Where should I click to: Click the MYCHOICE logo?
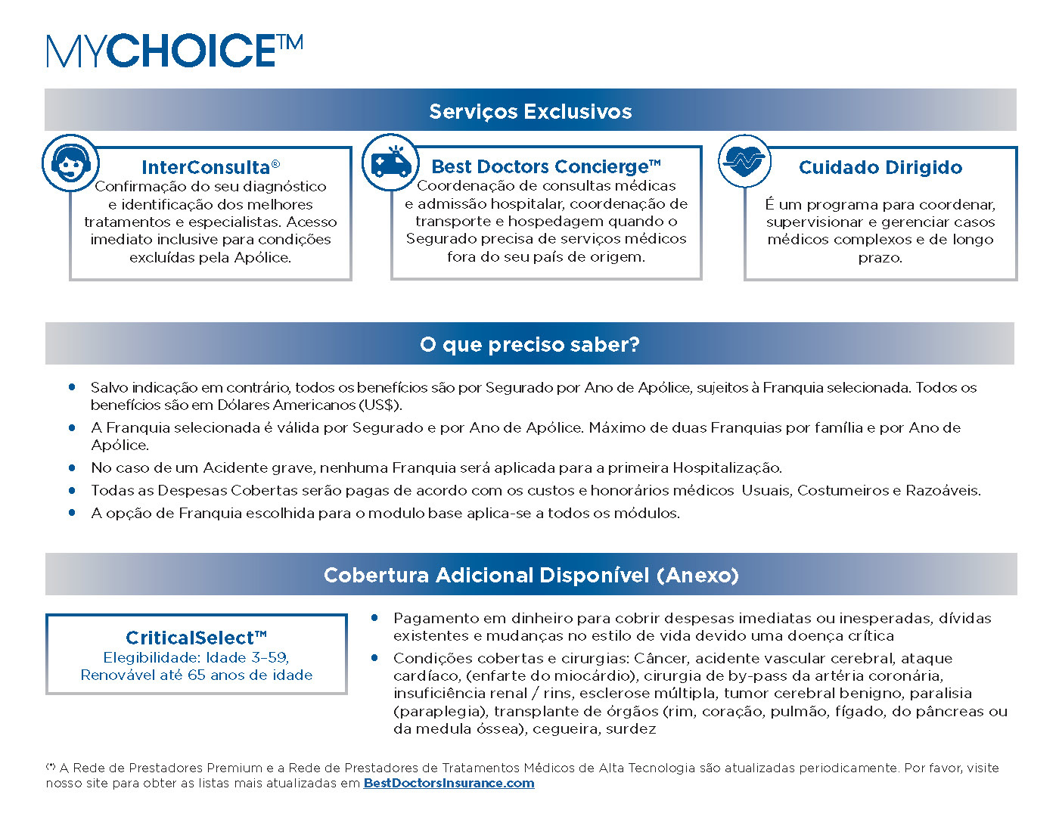click(175, 51)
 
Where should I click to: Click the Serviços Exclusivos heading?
click(530, 111)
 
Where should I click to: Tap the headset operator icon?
click(70, 163)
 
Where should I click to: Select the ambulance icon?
click(390, 162)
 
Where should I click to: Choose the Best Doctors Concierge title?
click(545, 166)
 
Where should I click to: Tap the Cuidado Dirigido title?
click(880, 167)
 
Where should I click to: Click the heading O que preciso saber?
click(529, 345)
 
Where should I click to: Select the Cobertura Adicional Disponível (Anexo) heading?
click(531, 575)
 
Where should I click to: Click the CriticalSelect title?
click(196, 638)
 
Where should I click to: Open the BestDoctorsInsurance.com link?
click(449, 784)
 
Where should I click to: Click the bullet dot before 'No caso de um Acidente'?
click(73, 467)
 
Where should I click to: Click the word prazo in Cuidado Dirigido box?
click(880, 258)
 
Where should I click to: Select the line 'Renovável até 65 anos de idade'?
click(196, 675)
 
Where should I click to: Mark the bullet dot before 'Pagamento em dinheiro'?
click(374, 618)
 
